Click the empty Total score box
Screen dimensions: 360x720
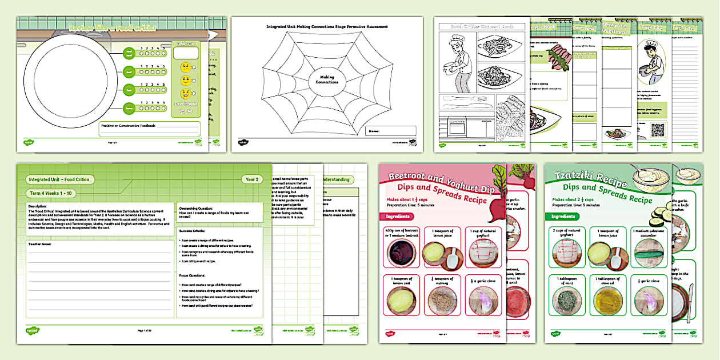(x=186, y=53)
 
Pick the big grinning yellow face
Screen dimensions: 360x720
(x=186, y=94)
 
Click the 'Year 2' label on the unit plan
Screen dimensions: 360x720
(x=252, y=178)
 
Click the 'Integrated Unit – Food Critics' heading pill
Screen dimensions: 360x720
(x=59, y=179)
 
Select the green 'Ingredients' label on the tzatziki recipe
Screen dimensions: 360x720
(x=563, y=217)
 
